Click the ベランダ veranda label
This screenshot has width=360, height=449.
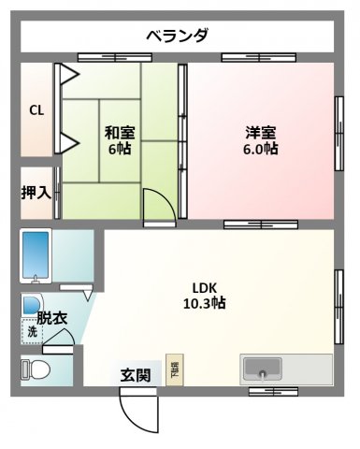click(177, 36)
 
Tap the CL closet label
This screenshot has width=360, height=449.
click(36, 110)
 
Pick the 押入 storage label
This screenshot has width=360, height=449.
click(36, 194)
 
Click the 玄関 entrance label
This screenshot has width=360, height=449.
click(135, 376)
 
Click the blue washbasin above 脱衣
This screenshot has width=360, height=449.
click(30, 303)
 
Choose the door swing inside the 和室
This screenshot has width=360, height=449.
click(157, 206)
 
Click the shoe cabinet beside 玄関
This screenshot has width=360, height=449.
click(174, 369)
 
